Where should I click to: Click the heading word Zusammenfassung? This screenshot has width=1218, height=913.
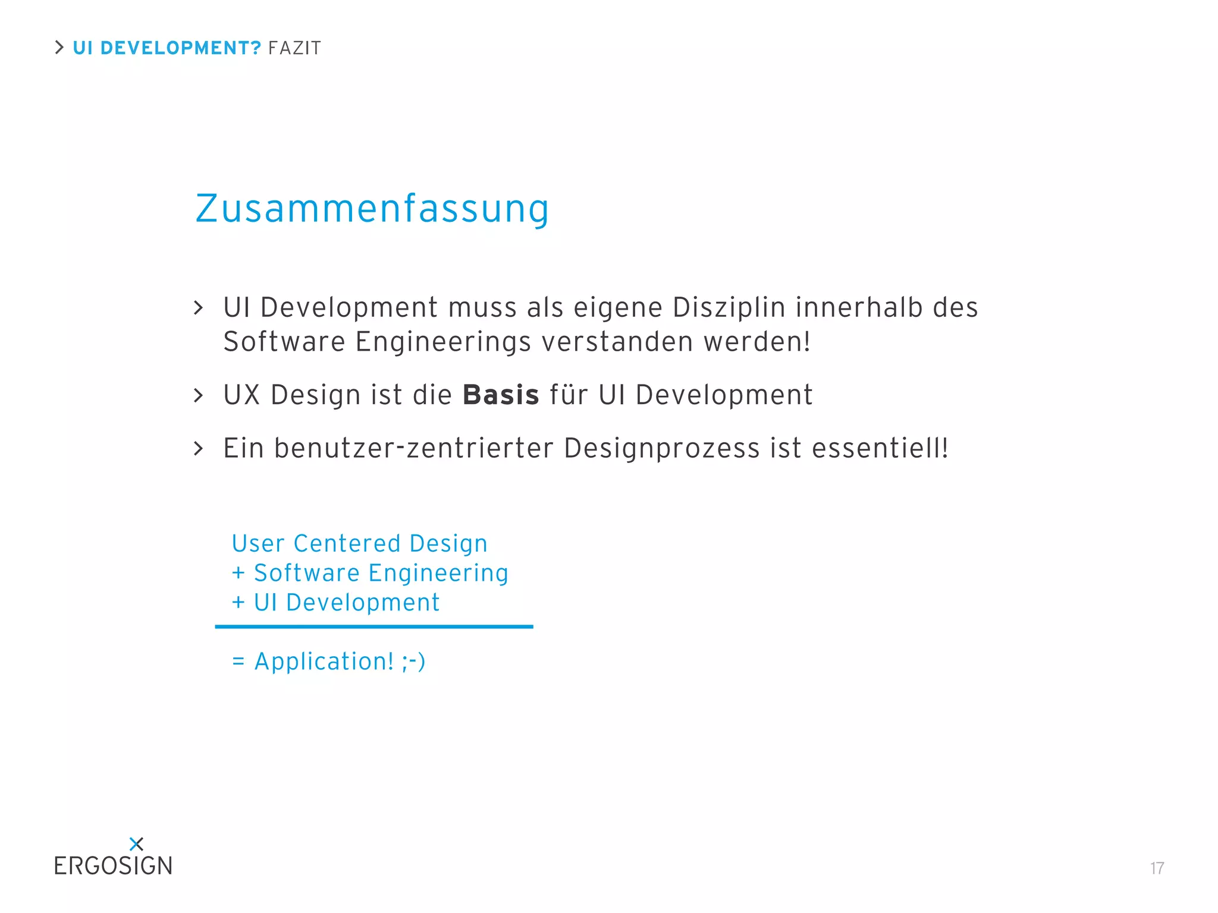pyautogui.click(x=372, y=209)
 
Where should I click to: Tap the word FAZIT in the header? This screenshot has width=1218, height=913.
pyautogui.click(x=294, y=48)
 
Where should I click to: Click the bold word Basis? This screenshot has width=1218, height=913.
pyautogui.click(x=501, y=395)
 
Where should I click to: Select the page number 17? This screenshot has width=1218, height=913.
pyautogui.click(x=1157, y=868)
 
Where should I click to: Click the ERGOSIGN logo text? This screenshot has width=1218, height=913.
pyautogui.click(x=113, y=866)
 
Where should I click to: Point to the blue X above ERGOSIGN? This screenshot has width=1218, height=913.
pyautogui.click(x=136, y=843)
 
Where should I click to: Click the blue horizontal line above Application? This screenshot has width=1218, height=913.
pyautogui.click(x=373, y=626)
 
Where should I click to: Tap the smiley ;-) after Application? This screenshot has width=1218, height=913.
pyautogui.click(x=413, y=662)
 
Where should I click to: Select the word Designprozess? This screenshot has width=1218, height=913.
pyautogui.click(x=662, y=448)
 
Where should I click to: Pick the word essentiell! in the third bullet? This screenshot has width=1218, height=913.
pyautogui.click(x=880, y=448)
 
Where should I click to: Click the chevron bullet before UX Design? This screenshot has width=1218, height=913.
pyautogui.click(x=199, y=395)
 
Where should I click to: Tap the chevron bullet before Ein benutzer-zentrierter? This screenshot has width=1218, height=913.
pyautogui.click(x=199, y=448)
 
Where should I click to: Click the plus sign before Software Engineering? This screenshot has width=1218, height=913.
pyautogui.click(x=238, y=573)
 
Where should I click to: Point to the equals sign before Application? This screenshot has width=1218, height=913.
pyautogui.click(x=238, y=662)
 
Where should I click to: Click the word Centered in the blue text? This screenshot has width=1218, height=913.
pyautogui.click(x=347, y=544)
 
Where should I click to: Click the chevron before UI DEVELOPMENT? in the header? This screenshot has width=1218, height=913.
pyautogui.click(x=59, y=48)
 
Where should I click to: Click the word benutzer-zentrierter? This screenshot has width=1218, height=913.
pyautogui.click(x=414, y=448)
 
